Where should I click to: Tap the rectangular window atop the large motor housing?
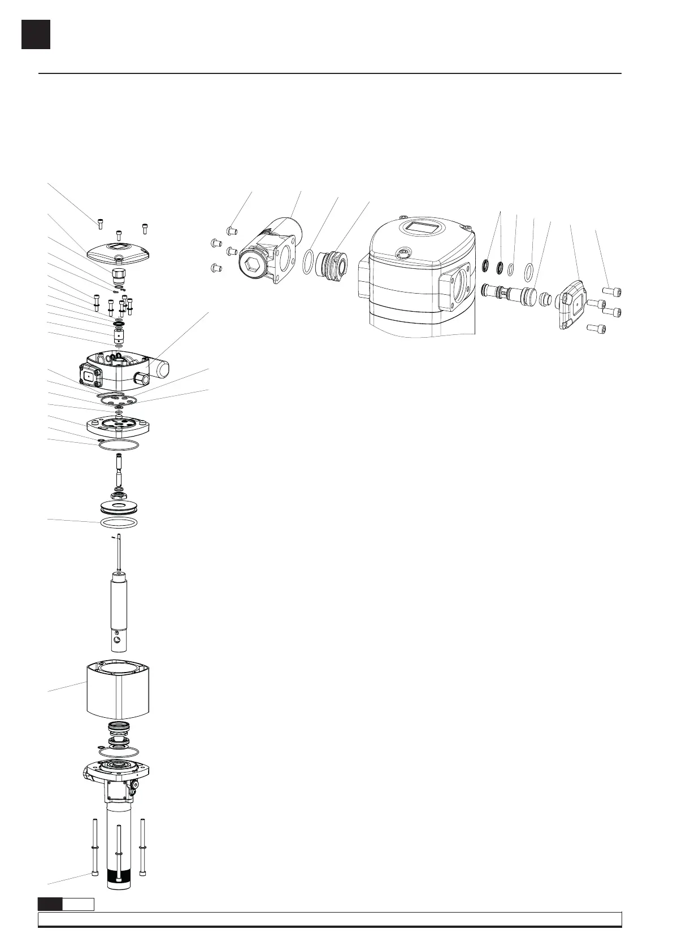coord(422,229)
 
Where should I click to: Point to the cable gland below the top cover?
coord(118,275)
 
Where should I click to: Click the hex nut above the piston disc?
coord(118,495)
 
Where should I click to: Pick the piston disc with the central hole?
coord(118,506)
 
